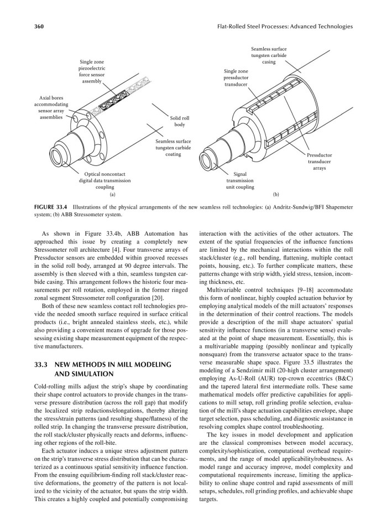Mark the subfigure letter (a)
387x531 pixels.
click(x=112, y=195)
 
